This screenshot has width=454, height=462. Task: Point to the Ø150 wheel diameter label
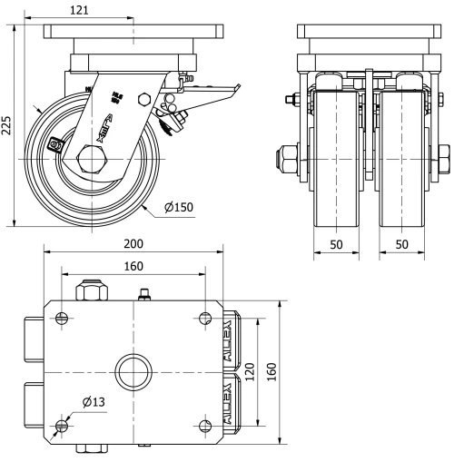click(x=180, y=208)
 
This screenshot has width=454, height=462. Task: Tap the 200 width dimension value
click(x=134, y=246)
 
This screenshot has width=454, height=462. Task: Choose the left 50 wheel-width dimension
click(x=335, y=246)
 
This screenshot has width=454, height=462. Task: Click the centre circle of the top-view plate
click(x=133, y=371)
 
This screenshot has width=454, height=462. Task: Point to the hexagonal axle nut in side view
click(x=94, y=160)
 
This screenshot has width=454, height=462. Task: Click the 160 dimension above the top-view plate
click(x=133, y=266)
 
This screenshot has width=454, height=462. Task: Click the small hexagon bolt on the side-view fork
click(x=143, y=99)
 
